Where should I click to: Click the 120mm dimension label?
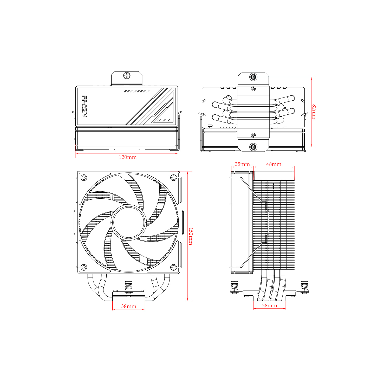[x=128, y=157]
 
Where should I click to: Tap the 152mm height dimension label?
[x=191, y=236]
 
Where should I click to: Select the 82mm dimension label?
[x=314, y=112]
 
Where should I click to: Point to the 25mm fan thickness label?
[x=242, y=164]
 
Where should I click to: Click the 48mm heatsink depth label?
[x=274, y=164]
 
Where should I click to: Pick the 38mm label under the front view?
[x=129, y=306]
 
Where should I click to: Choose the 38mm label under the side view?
[x=269, y=305]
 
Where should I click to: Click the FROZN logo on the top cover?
[x=84, y=107]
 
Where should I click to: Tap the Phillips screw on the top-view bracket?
[x=127, y=76]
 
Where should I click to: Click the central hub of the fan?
[x=128, y=222]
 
